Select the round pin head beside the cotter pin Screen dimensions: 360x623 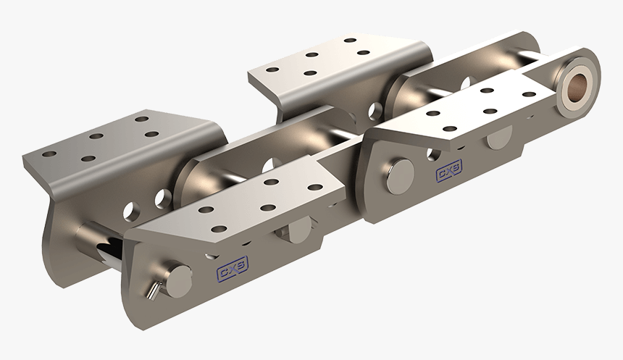click(x=178, y=280)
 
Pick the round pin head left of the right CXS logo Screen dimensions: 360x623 click(x=400, y=175)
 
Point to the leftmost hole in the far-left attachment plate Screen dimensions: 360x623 click(x=49, y=154)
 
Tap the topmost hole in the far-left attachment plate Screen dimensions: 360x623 click(x=141, y=118)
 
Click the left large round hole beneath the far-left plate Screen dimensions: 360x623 click(x=130, y=210)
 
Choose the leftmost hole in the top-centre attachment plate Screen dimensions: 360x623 click(x=274, y=70)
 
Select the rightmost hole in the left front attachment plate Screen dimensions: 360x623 click(x=314, y=187)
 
